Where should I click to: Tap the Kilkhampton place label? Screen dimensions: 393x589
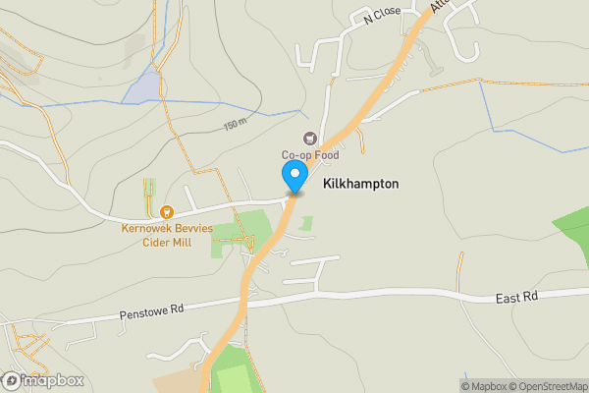(x=360, y=184)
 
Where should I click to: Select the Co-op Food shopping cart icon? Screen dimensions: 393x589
(x=310, y=140)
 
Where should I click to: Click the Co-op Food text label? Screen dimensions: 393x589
(x=310, y=155)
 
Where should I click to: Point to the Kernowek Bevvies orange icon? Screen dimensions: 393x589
(x=166, y=211)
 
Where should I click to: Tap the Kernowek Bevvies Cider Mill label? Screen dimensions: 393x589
(x=166, y=236)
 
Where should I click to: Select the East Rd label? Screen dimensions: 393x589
(x=517, y=298)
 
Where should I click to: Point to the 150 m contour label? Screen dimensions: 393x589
(x=235, y=125)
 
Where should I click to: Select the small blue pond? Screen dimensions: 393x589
(x=142, y=86)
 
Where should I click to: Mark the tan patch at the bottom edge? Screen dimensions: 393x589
(x=177, y=380)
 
